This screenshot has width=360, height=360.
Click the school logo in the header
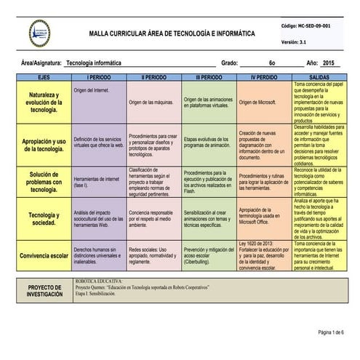coord(40,33)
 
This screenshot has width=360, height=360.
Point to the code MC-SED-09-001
coord(310,25)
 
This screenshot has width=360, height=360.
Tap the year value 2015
coord(330,63)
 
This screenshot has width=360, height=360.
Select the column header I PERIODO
coord(98,76)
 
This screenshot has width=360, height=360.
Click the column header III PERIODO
coord(209,76)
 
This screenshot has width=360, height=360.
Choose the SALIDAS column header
coord(319,76)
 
